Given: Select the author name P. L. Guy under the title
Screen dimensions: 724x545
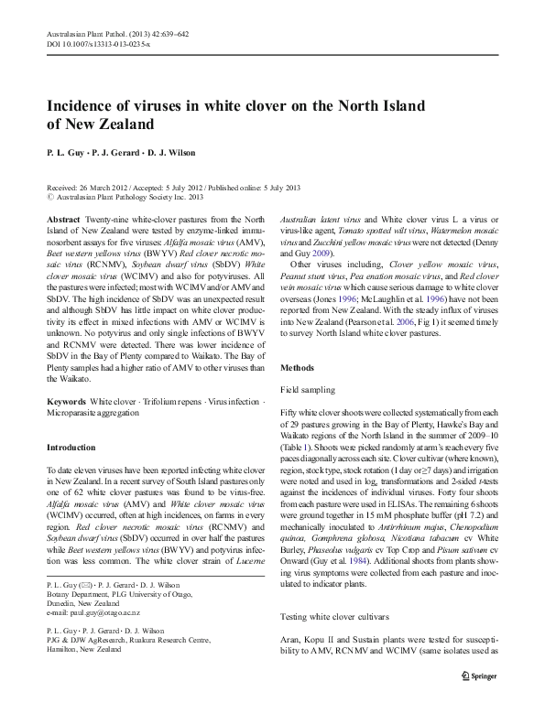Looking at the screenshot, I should pos(63,153).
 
